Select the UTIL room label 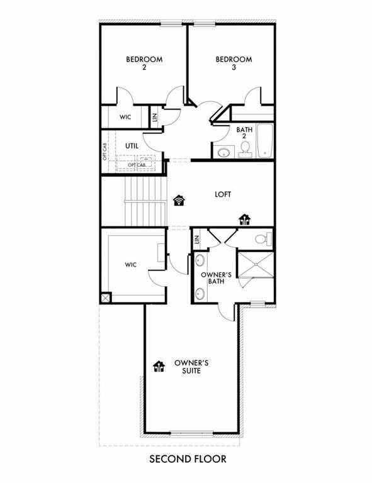tap(131, 146)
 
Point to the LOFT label tap(223, 194)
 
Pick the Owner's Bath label tap(213, 279)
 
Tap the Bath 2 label tap(244, 134)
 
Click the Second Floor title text tap(188, 459)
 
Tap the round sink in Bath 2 tap(223, 152)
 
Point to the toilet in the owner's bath tap(266, 238)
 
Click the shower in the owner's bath tap(256, 269)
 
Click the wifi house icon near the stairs tap(179, 201)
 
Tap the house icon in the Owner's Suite tap(159, 365)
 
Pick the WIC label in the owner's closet tap(131, 265)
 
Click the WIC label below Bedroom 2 tap(125, 118)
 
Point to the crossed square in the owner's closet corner tap(104, 297)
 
